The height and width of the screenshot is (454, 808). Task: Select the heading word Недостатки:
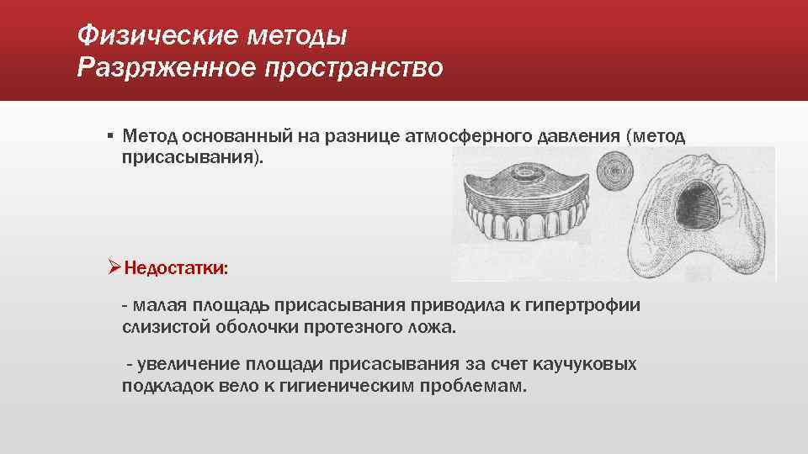click(176, 268)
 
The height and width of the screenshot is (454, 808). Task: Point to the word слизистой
click(161, 326)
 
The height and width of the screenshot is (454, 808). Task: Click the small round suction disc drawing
click(613, 176)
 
